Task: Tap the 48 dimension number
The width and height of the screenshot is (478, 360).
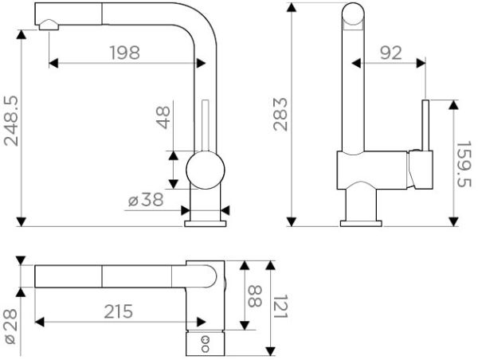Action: (163, 118)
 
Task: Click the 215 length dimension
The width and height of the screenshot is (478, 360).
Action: (117, 309)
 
